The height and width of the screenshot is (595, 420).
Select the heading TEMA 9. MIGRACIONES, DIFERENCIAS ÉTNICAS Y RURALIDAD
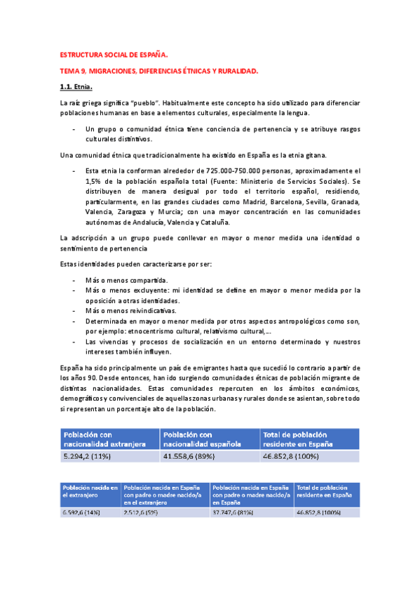(159, 71)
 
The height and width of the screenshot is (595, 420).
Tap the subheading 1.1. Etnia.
(76, 87)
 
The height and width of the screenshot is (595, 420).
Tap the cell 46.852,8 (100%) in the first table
(297, 456)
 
